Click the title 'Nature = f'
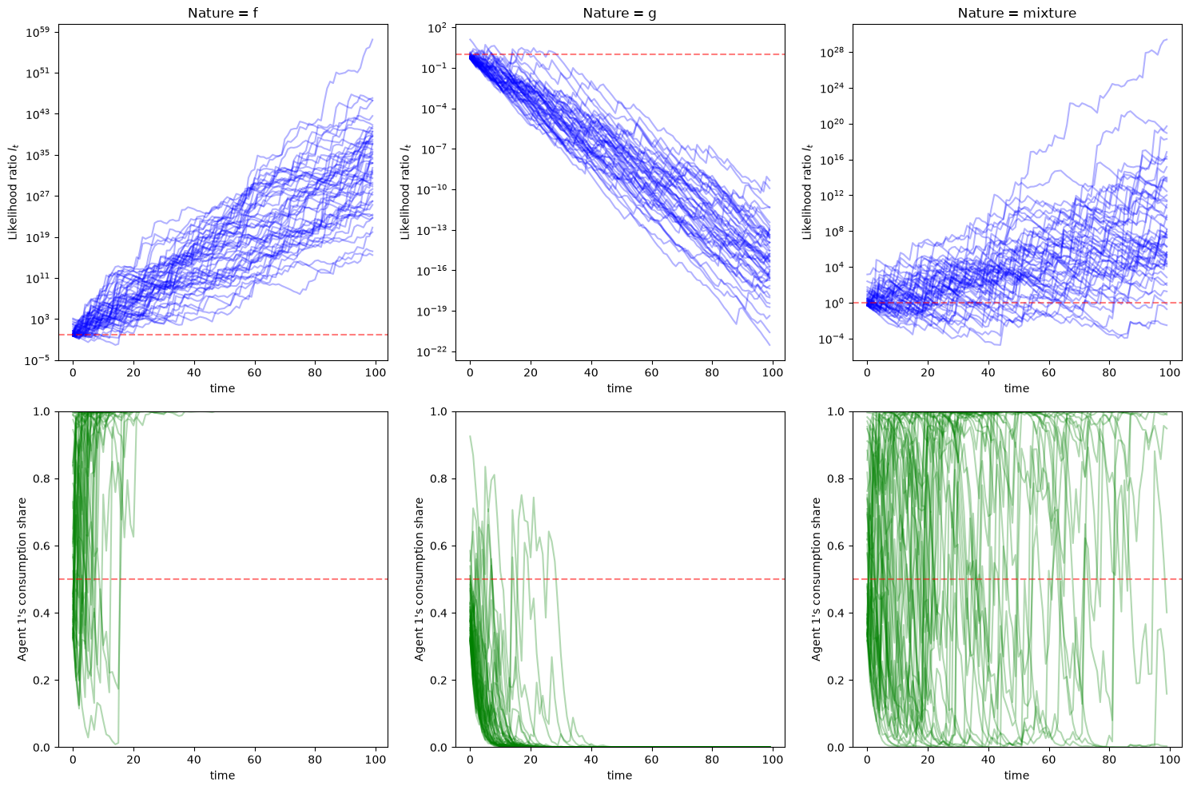pos(223,13)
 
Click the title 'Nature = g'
pos(619,13)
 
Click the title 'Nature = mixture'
pos(1016,13)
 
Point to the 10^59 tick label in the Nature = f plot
pos(37,33)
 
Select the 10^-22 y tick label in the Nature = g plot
pos(432,351)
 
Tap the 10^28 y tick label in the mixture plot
pos(833,52)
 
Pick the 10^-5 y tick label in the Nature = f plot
pos(37,361)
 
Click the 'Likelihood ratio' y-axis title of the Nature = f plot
pos(13,192)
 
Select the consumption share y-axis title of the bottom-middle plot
pos(419,579)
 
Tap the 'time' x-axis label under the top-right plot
pos(1016,388)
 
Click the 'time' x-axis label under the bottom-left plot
pos(222,775)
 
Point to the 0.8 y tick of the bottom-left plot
pos(41,478)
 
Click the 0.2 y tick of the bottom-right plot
pos(836,681)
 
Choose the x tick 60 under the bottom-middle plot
pos(651,759)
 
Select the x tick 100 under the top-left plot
pos(376,372)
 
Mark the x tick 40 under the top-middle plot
pos(591,372)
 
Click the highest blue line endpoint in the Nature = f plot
pos(372,39)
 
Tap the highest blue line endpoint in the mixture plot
pos(1167,39)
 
